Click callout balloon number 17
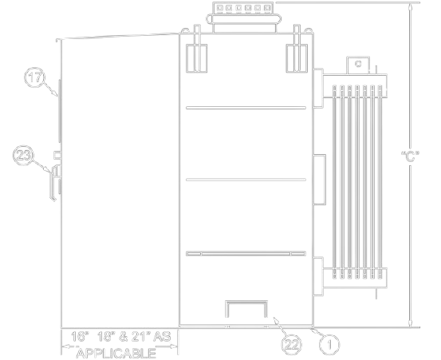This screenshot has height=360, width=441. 34,77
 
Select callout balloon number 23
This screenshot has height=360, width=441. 23,155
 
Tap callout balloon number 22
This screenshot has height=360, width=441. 291,345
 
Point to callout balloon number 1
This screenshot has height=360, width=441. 329,344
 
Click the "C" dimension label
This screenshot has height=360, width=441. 411,156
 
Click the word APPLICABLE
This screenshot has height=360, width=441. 116,354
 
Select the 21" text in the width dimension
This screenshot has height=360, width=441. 141,337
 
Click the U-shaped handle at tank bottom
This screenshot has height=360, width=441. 246,309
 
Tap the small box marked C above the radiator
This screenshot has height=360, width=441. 358,65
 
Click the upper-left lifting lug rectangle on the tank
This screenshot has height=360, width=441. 197,58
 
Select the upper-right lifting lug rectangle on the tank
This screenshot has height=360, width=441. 297,58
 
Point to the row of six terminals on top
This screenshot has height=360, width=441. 243,8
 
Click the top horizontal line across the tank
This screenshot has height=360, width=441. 246,108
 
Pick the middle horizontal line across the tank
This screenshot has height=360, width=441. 246,180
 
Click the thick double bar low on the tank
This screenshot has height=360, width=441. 246,254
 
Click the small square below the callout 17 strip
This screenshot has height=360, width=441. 57,155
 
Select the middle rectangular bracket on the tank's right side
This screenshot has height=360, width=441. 320,180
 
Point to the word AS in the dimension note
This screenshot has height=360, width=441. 162,337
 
